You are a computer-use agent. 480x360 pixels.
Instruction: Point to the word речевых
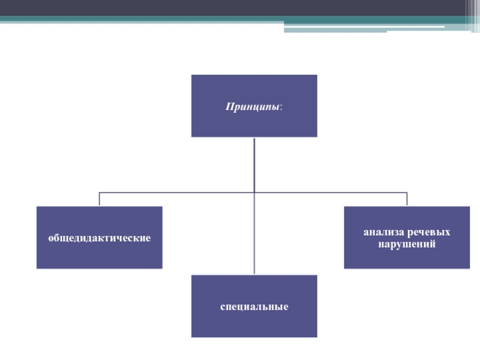click(429, 232)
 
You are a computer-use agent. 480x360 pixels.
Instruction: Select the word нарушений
click(407, 245)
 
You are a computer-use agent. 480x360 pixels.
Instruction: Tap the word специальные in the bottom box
click(254, 307)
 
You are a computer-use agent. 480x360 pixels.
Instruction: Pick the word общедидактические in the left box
click(99, 238)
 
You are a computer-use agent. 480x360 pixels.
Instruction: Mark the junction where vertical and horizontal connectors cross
click(254, 193)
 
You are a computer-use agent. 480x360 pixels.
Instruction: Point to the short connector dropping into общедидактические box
click(99, 199)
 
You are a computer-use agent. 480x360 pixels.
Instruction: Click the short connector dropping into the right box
click(407, 199)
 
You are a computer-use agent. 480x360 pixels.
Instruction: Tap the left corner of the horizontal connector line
click(99, 193)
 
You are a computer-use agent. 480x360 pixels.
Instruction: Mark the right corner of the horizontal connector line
click(407, 193)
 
